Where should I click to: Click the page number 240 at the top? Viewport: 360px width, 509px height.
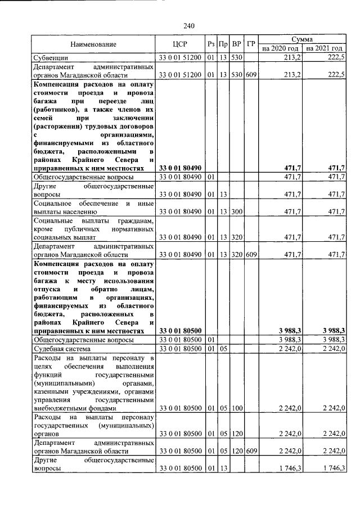pos(188,26)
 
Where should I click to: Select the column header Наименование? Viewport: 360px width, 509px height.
pos(93,44)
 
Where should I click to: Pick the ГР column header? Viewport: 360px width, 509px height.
pos(251,44)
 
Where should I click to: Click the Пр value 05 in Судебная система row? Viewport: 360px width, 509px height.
pos(223,349)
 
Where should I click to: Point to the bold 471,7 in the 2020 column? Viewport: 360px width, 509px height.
pos(294,168)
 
